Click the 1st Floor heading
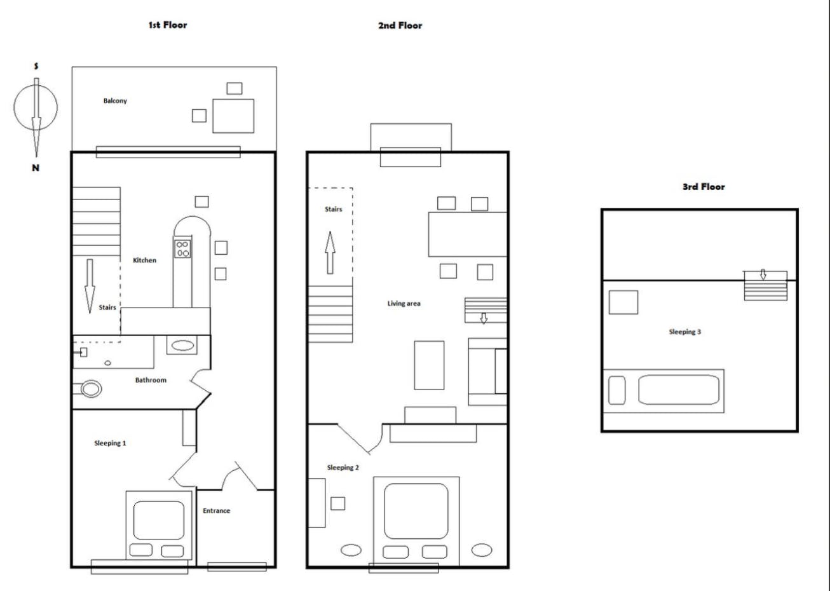[168, 25]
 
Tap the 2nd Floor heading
[400, 25]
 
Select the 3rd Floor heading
[704, 187]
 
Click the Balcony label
[115, 101]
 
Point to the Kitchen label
[144, 260]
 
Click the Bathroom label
[151, 380]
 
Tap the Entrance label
[216, 510]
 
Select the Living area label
[404, 304]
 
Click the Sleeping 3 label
[684, 332]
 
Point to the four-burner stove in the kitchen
[182, 248]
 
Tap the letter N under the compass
[36, 168]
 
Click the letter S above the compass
[36, 66]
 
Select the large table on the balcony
[233, 116]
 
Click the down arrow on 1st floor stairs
[90, 287]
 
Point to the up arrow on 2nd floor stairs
[330, 253]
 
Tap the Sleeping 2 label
[343, 468]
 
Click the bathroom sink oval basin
[182, 346]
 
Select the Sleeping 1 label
[110, 443]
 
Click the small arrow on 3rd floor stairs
[763, 274]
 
